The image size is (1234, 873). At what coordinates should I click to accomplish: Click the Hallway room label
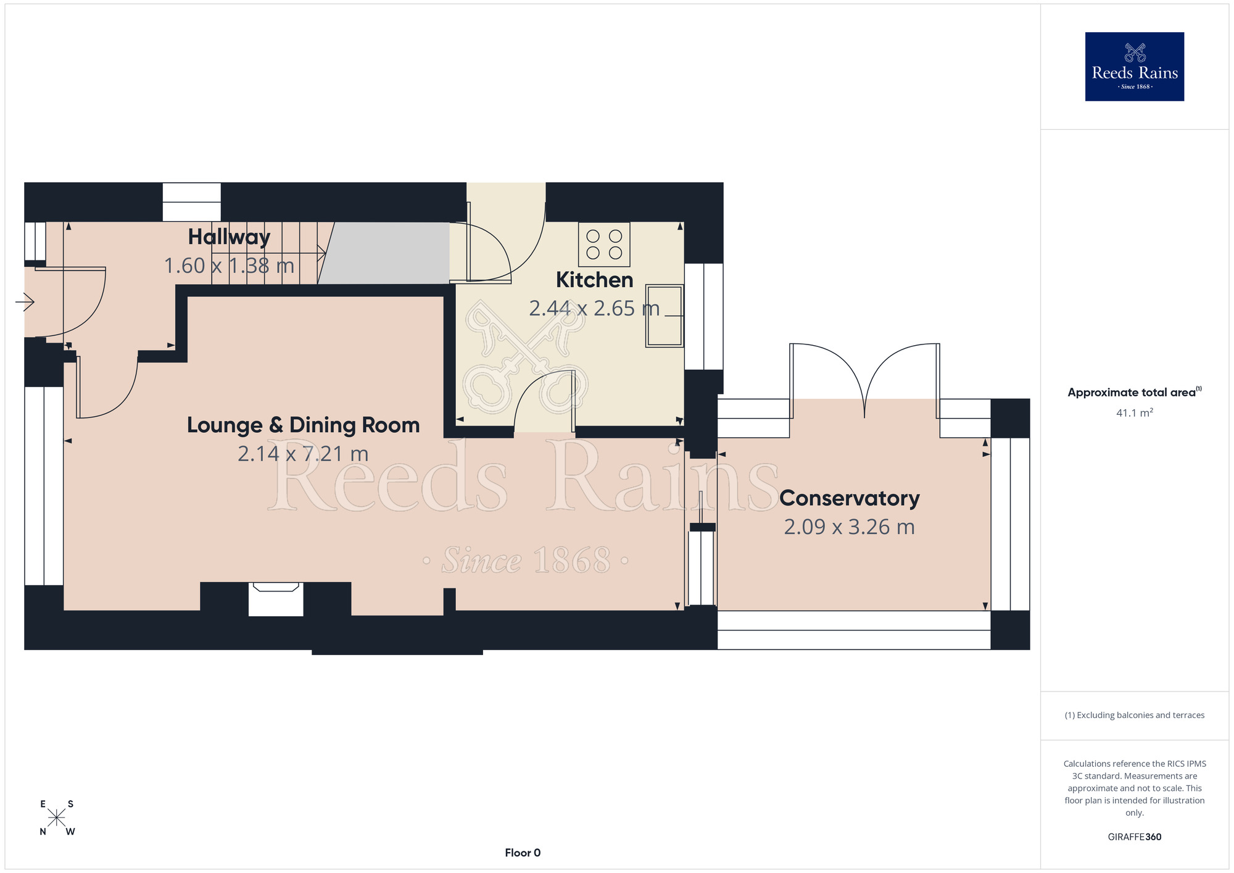(x=229, y=238)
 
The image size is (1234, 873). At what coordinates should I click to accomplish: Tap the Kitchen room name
(x=594, y=280)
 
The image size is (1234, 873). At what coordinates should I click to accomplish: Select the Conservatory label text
(x=849, y=498)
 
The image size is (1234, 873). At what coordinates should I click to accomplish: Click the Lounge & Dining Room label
(x=303, y=425)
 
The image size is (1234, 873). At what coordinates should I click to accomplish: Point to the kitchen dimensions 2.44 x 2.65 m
(x=594, y=309)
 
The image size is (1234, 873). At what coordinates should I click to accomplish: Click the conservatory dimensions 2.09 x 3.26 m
(x=849, y=527)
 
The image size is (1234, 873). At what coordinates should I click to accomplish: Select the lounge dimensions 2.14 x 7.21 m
(x=303, y=454)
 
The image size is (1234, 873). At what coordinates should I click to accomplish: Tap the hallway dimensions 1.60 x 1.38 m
(x=229, y=266)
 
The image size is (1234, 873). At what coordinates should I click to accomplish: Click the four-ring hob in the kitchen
(x=604, y=244)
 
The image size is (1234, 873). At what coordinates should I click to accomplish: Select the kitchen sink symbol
(x=665, y=315)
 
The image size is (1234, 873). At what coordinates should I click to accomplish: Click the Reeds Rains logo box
(x=1134, y=67)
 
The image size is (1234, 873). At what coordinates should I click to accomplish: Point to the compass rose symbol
(x=57, y=818)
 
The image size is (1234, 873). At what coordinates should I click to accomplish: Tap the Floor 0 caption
(x=523, y=853)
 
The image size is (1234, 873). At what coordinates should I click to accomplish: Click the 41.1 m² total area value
(x=1134, y=413)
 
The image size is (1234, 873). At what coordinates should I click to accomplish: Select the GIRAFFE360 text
(x=1134, y=837)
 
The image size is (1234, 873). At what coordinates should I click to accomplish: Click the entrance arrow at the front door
(x=25, y=303)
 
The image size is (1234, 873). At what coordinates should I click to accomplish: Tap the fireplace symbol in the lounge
(x=276, y=599)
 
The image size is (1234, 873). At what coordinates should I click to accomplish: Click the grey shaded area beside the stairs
(x=384, y=253)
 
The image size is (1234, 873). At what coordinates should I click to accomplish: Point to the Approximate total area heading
(x=1134, y=392)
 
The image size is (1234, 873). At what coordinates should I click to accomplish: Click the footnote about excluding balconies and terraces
(x=1134, y=716)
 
